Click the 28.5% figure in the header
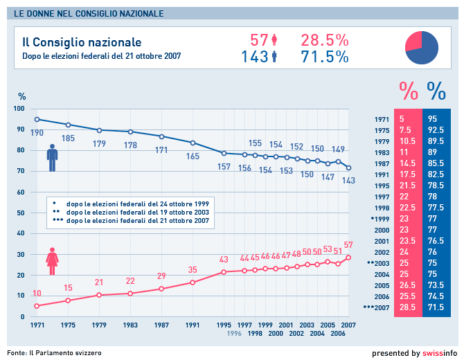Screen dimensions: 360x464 (x=324, y=40)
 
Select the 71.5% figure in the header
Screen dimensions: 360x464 (x=324, y=57)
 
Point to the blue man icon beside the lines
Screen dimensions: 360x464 (x=52, y=158)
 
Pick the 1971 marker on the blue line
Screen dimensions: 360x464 (x=37, y=119)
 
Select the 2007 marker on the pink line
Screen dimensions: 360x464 (x=349, y=258)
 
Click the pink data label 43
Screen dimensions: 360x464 (x=224, y=260)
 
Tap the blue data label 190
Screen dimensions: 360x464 (x=37, y=132)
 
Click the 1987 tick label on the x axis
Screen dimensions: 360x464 (x=161, y=324)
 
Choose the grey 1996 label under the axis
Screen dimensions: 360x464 (x=235, y=333)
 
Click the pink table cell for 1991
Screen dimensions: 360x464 (x=407, y=175)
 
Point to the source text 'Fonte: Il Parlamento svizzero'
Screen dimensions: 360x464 (x=55, y=353)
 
